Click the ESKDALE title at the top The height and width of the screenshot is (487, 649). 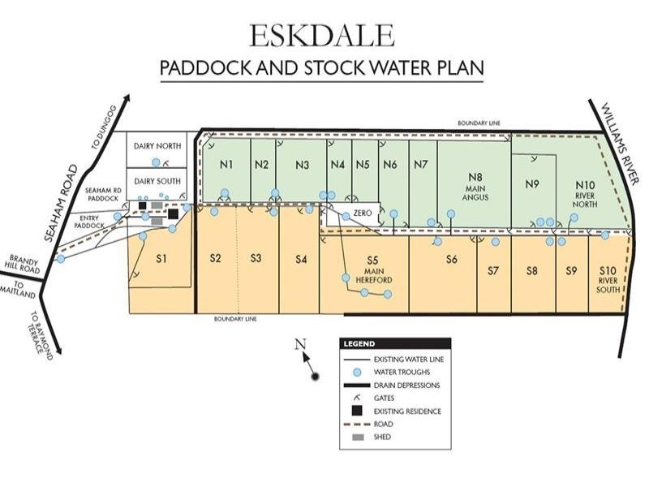pyautogui.click(x=322, y=35)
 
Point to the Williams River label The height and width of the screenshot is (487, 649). pyautogui.click(x=621, y=141)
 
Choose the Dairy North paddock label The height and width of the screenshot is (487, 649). pyautogui.click(x=157, y=146)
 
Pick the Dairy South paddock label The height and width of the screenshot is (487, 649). pyautogui.click(x=157, y=181)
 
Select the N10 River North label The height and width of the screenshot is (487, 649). pyautogui.click(x=585, y=194)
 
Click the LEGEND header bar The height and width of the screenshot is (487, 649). pyautogui.click(x=395, y=343)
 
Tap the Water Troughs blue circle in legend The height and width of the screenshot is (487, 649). pyautogui.click(x=357, y=372)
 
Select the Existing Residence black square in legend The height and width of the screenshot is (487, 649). pyautogui.click(x=357, y=411)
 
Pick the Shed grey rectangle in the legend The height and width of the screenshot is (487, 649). pyautogui.click(x=357, y=437)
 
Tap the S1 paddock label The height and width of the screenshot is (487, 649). pyautogui.click(x=161, y=259)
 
